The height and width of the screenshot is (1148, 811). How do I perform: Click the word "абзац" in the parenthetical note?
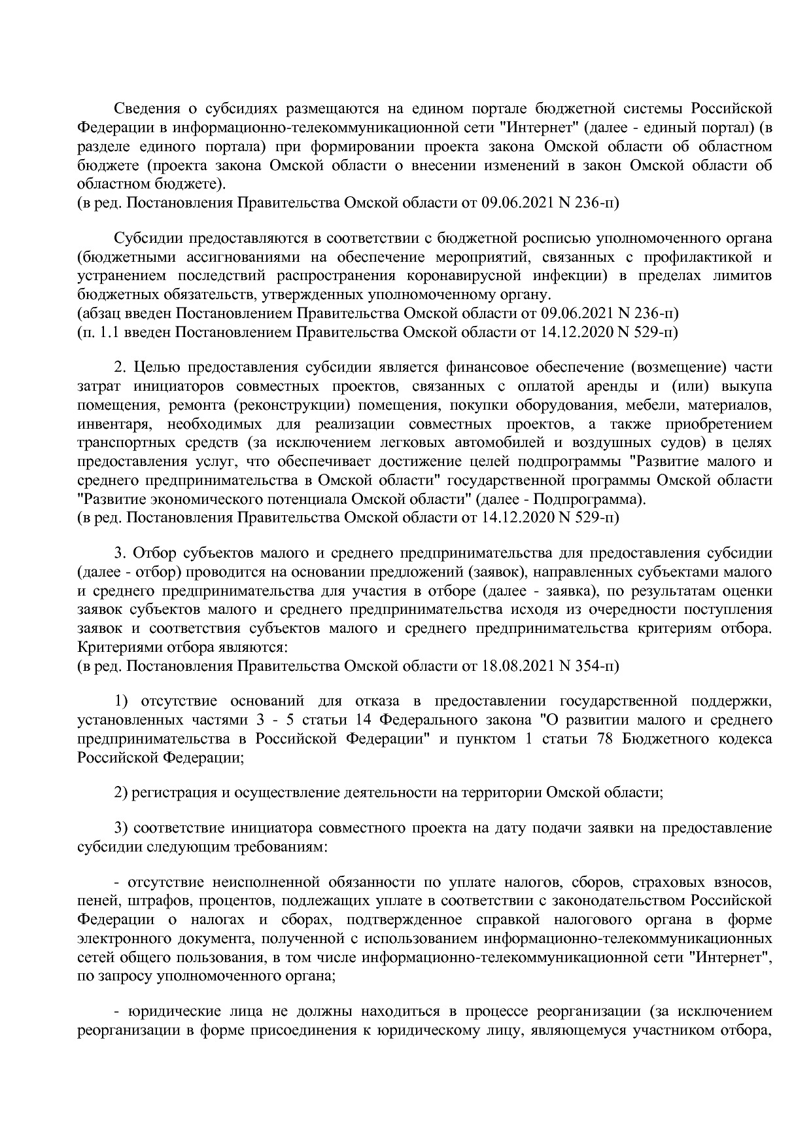point(98,314)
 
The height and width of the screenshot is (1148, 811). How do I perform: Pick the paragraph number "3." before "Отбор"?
point(120,554)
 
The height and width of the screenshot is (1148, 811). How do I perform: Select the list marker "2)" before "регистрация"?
point(120,793)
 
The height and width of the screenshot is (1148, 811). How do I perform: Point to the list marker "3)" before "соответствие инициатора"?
point(120,829)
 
